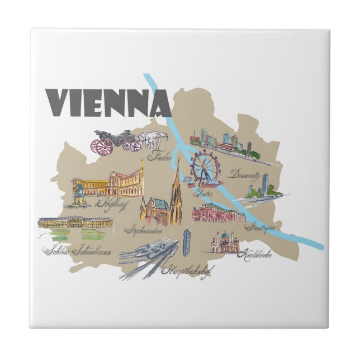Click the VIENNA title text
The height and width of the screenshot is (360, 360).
point(101,101)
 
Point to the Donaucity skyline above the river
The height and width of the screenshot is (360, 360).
point(224,143)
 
